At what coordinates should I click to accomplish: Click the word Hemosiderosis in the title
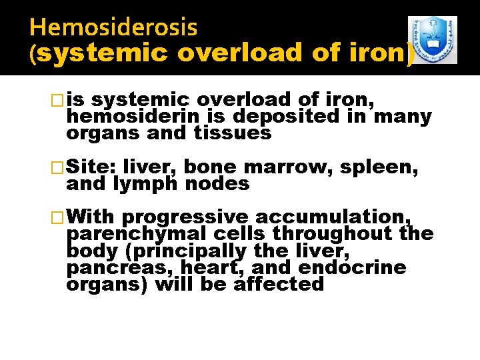pyautogui.click(x=113, y=27)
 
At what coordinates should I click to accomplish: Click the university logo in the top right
pyautogui.click(x=432, y=40)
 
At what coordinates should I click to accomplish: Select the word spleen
pyautogui.click(x=379, y=167)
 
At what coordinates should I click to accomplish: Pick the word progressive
pyautogui.click(x=185, y=217)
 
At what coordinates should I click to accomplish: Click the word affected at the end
pyautogui.click(x=278, y=285)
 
